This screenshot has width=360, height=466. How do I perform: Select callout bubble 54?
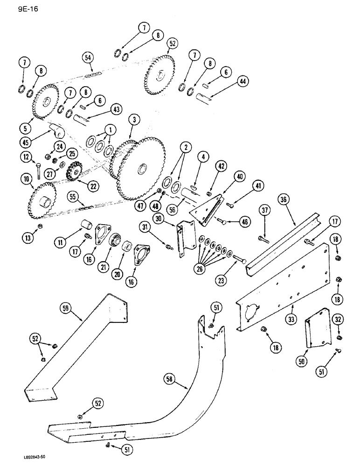tap(88, 56)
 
